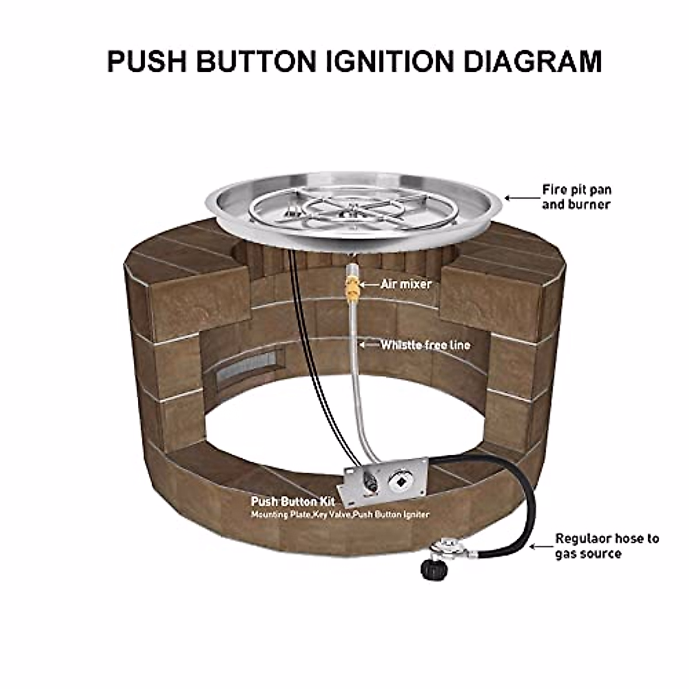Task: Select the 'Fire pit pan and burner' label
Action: [576, 196]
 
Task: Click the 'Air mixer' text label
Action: [406, 284]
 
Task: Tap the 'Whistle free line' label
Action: [425, 345]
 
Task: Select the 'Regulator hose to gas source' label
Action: [606, 545]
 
